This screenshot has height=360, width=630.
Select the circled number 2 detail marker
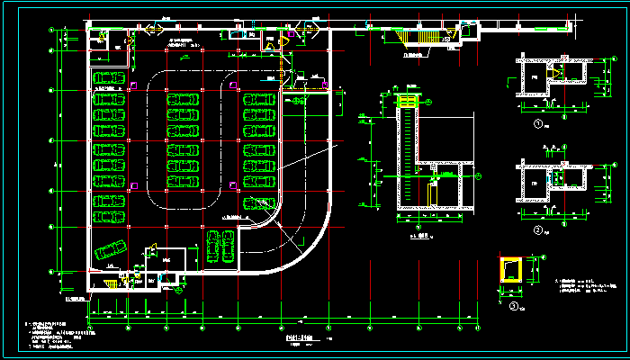537,230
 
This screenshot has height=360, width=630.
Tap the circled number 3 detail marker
513,306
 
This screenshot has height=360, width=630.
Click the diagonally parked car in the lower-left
111,250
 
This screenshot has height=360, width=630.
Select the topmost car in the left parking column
108,78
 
